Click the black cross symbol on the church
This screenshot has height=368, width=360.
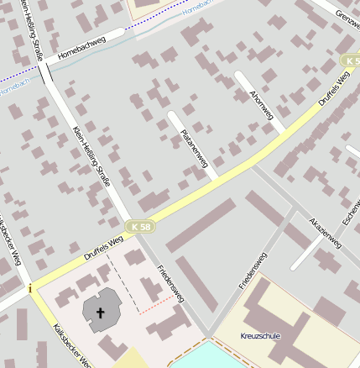click(101, 313)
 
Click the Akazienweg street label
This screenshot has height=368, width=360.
click(326, 232)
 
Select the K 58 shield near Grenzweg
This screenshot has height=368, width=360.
click(350, 61)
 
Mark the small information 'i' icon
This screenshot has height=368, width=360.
click(31, 289)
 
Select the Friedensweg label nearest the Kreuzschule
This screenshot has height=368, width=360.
click(253, 270)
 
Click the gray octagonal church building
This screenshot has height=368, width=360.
click(101, 313)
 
